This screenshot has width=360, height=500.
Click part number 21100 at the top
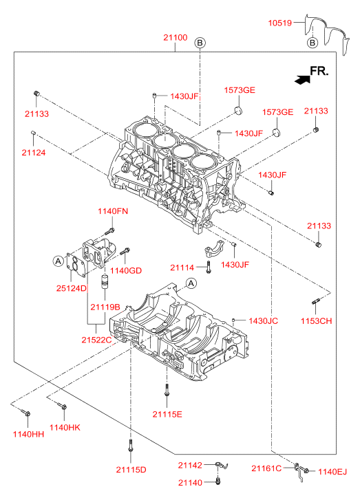click(x=176, y=37)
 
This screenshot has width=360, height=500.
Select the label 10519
click(x=280, y=23)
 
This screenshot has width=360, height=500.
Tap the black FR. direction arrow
click(x=302, y=79)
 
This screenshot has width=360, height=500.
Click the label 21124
click(x=34, y=153)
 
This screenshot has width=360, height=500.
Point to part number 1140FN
click(x=113, y=211)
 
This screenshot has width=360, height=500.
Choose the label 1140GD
click(x=126, y=270)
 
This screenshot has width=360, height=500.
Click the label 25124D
click(x=72, y=288)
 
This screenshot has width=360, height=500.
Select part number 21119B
click(x=105, y=307)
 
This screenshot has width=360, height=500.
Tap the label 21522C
click(x=96, y=340)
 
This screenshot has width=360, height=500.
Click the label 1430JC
click(x=264, y=320)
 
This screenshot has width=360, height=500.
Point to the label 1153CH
click(x=316, y=320)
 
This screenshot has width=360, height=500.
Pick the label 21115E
click(x=167, y=414)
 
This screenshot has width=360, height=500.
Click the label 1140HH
click(x=28, y=434)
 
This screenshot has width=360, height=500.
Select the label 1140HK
click(x=65, y=427)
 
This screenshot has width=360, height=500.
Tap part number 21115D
click(x=131, y=469)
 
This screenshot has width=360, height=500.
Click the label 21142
click(x=190, y=465)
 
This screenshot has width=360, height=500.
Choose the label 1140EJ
click(x=332, y=471)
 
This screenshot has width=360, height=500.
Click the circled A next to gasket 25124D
click(x=58, y=261)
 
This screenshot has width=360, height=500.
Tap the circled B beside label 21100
click(x=200, y=43)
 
